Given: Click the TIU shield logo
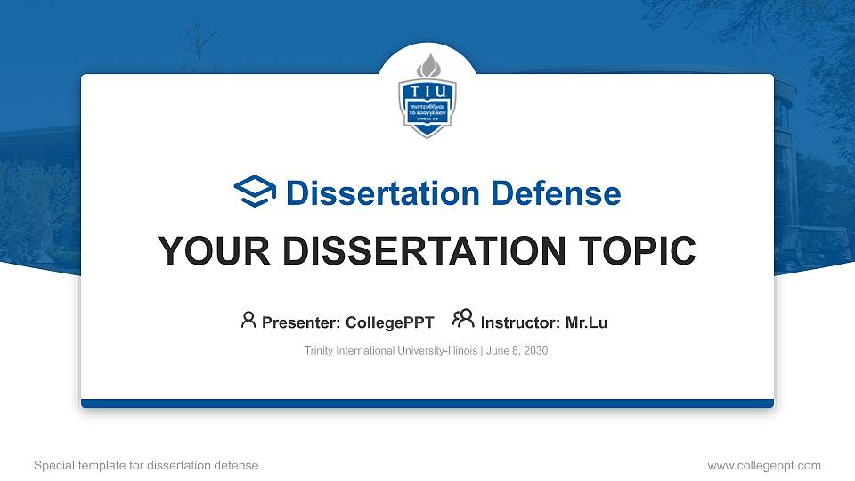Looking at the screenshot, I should (x=427, y=101).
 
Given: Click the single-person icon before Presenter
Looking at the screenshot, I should (x=248, y=320).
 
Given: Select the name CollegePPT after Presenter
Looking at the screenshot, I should (x=389, y=322).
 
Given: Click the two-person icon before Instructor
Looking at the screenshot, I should (x=463, y=320).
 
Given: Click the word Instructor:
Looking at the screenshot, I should (x=520, y=322).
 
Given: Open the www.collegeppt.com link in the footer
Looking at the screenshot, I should (x=763, y=465).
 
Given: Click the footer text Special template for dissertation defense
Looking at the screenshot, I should (x=145, y=465).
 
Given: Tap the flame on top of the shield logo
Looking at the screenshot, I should (x=427, y=65).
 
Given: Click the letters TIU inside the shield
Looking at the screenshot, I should (x=427, y=92).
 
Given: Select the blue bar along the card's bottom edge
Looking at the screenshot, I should (x=427, y=404).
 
